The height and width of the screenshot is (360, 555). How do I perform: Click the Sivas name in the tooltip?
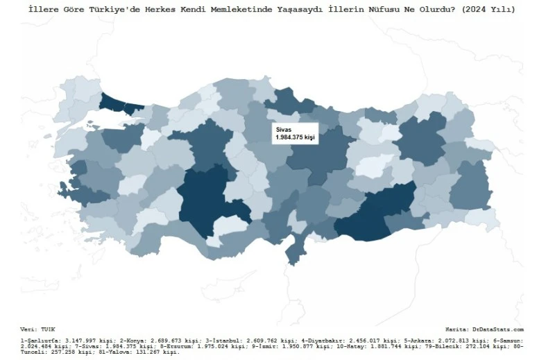tap(284, 130)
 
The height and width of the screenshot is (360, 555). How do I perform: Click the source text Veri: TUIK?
tap(37, 329)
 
